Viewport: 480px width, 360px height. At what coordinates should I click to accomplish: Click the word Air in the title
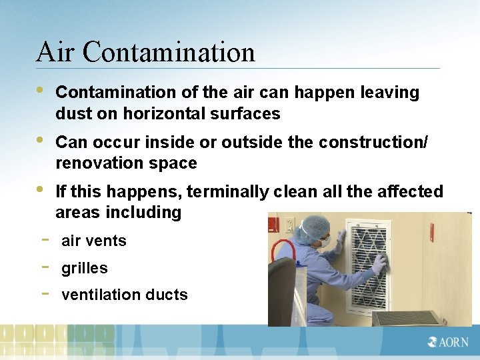[x=57, y=52]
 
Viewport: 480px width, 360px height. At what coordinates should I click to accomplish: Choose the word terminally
[x=227, y=192]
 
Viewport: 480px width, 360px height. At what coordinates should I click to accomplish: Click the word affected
[x=412, y=192]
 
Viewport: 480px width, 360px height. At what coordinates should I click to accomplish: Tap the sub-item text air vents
[x=93, y=241]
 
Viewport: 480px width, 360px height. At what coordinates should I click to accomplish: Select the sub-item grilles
[x=84, y=268]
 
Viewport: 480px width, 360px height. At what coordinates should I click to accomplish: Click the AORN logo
[x=449, y=342]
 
